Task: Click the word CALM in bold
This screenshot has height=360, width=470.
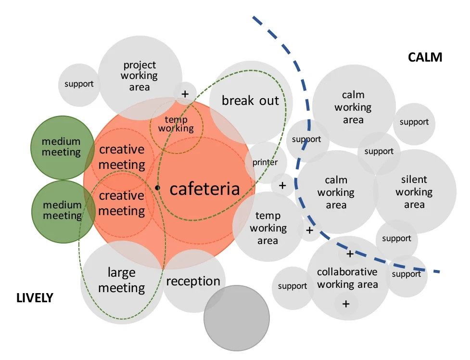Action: coord(425,57)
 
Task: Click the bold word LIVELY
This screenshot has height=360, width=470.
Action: coord(35,298)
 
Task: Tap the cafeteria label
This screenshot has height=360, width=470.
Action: coord(205,189)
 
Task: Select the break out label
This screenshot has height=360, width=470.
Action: coord(250,101)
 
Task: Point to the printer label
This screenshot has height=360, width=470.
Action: coord(265,162)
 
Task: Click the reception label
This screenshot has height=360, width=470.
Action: coord(193,282)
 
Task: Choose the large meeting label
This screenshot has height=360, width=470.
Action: coord(122,280)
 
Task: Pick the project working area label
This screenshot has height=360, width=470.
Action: coord(140,76)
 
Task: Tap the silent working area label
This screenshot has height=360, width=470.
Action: coord(414,192)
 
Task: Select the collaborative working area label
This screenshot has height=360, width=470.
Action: coord(347,278)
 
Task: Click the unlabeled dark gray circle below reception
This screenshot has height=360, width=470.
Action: coord(237,318)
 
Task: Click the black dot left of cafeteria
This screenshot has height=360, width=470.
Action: coord(157,188)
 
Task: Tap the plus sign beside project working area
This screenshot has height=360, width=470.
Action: coord(185,94)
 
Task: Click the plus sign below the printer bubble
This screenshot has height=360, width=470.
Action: coord(282,186)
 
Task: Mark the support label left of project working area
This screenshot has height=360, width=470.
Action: coord(79,84)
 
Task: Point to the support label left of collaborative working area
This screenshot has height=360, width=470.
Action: coord(292,286)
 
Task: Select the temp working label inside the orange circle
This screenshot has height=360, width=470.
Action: coord(176,124)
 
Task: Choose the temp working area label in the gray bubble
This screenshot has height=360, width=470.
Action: coord(268,228)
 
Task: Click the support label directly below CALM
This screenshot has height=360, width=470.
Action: coord(414,122)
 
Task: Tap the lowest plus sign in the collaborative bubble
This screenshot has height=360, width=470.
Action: coord(346,304)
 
